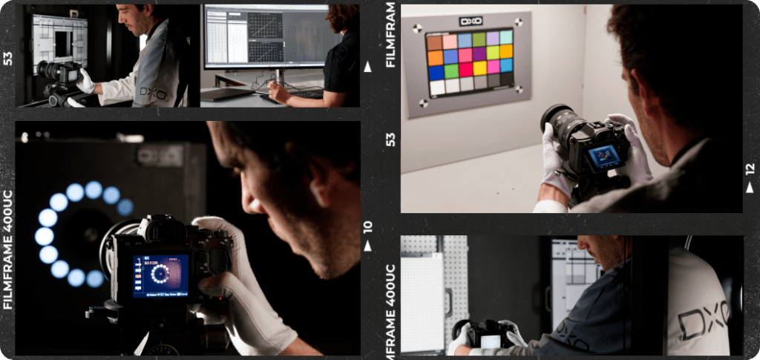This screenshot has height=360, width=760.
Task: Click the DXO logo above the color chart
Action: coord(471,22)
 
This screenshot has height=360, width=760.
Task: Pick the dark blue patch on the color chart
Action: coord(436,73)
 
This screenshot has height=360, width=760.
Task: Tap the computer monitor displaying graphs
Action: coord(263,37)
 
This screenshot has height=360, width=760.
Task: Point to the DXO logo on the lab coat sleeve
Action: coord(153,92)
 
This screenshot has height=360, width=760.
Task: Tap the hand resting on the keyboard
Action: coord(279,93)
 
